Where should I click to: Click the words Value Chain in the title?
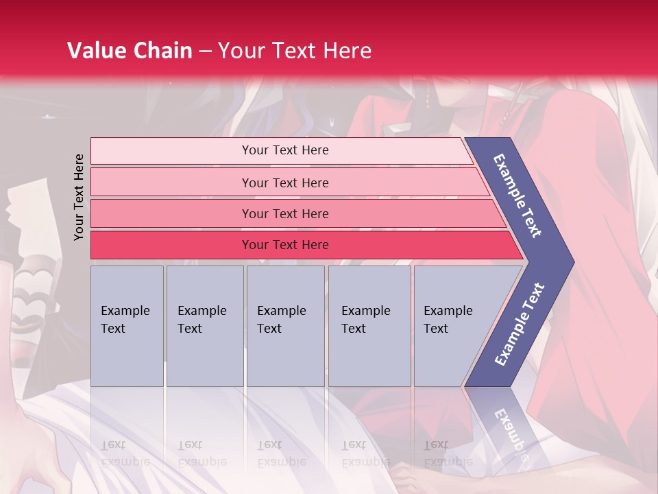pyautogui.click(x=130, y=51)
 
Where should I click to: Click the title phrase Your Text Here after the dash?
pyautogui.click(x=295, y=51)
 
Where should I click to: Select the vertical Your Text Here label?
pyautogui.click(x=79, y=197)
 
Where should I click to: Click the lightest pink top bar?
pyautogui.click(x=285, y=150)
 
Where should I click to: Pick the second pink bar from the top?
pyautogui.click(x=285, y=183)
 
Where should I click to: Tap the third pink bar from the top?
pyautogui.click(x=285, y=213)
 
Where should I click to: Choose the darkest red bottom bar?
pyautogui.click(x=285, y=245)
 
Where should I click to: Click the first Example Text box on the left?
pyautogui.click(x=127, y=326)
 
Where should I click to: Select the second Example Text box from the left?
pyautogui.click(x=204, y=326)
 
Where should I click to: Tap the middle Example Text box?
pyautogui.click(x=285, y=326)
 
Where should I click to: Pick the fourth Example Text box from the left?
pyautogui.click(x=369, y=326)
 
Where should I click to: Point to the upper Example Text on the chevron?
pyautogui.click(x=517, y=196)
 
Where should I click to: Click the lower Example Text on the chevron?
pyautogui.click(x=520, y=324)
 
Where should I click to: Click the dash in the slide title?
pyautogui.click(x=205, y=51)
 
